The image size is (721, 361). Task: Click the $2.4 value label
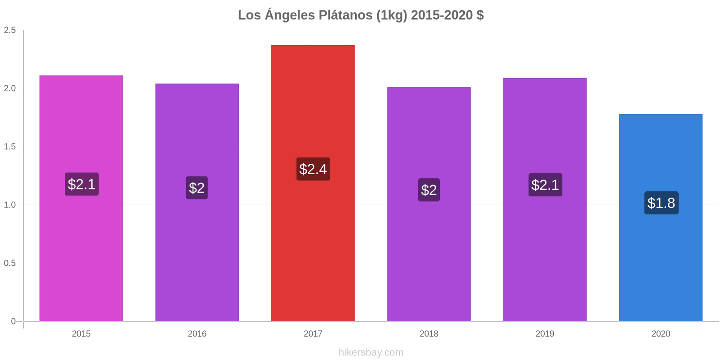pyautogui.click(x=313, y=169)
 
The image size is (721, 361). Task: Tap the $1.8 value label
pyautogui.click(x=661, y=203)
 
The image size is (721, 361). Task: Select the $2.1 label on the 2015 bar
pyautogui.click(x=82, y=184)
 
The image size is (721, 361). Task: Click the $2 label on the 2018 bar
pyautogui.click(x=429, y=190)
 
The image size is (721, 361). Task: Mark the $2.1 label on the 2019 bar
pyautogui.click(x=545, y=185)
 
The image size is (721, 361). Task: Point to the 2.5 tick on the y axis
pyautogui.click(x=10, y=30)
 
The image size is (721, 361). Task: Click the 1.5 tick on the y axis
pyautogui.click(x=10, y=147)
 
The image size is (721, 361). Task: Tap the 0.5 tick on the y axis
pyautogui.click(x=10, y=263)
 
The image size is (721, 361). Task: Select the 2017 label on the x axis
pyautogui.click(x=313, y=334)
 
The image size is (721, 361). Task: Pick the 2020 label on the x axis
pyautogui.click(x=661, y=334)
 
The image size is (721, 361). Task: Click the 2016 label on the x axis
pyautogui.click(x=197, y=334)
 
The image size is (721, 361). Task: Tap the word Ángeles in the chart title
pyautogui.click(x=290, y=15)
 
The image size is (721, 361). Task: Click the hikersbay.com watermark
pyautogui.click(x=371, y=352)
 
